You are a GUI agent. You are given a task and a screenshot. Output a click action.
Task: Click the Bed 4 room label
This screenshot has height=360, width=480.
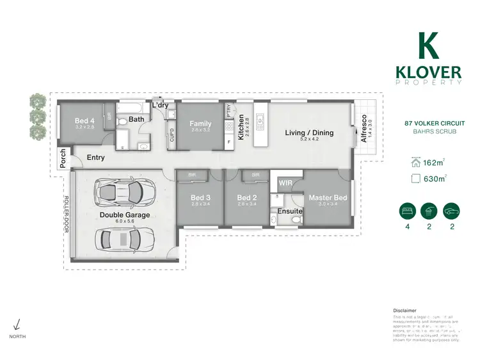pyautogui.click(x=84, y=120)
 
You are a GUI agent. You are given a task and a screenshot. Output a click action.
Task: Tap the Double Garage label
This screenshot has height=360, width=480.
pyautogui.click(x=125, y=215)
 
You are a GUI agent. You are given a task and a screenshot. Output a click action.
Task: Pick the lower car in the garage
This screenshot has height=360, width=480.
pyautogui.click(x=119, y=240)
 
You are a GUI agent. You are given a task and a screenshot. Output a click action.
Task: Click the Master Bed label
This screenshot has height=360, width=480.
pyautogui.click(x=328, y=198)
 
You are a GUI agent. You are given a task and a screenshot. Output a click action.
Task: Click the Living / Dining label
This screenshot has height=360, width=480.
pyautogui.click(x=309, y=133)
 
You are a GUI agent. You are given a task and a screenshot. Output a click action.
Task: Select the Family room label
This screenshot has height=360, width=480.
pyautogui.click(x=200, y=124)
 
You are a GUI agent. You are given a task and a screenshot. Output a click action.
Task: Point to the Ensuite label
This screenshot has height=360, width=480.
pyautogui.click(x=289, y=210)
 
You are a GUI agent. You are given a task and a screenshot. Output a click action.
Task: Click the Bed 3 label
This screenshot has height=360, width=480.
pyautogui.click(x=200, y=198)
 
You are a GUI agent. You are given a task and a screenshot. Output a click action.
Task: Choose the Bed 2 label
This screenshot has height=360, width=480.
pyautogui.click(x=246, y=198)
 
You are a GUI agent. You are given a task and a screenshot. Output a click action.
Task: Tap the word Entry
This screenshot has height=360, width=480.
pyautogui.click(x=95, y=158)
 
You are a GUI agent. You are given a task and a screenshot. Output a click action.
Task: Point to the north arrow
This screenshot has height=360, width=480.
pyautogui.click(x=17, y=325)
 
